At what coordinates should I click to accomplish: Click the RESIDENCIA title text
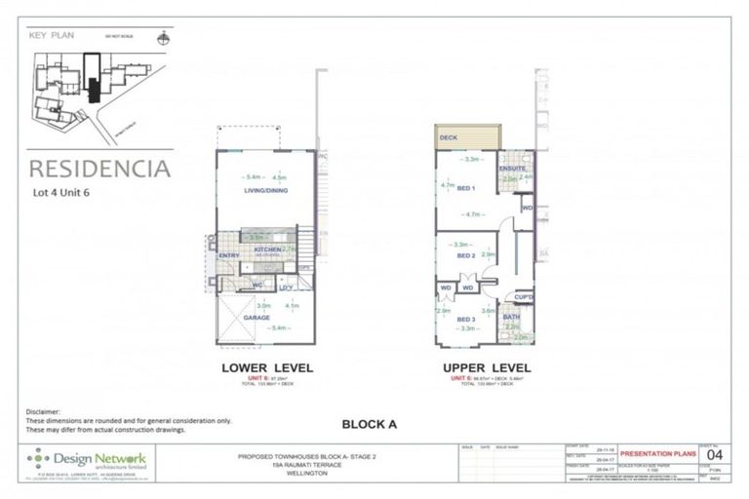(x=99, y=168)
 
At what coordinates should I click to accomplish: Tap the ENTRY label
(x=229, y=256)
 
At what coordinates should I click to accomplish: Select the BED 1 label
(x=465, y=188)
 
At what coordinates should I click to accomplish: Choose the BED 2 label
(x=465, y=255)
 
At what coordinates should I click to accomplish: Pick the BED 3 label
(x=465, y=319)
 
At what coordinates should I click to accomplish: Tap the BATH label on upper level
(x=511, y=316)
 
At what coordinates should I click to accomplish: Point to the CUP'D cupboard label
(x=523, y=296)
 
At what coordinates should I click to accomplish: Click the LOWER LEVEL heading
(x=264, y=368)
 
